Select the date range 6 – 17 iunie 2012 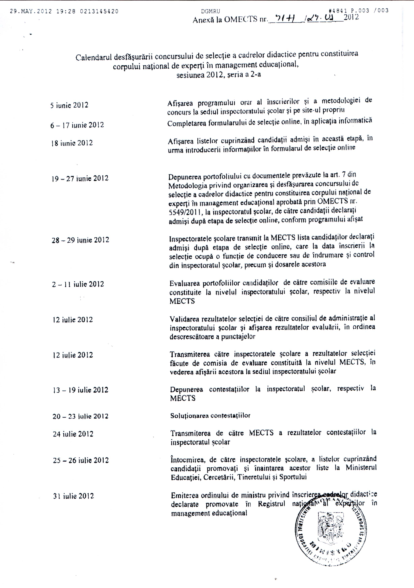coord(77,125)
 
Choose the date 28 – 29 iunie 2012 coord(80,240)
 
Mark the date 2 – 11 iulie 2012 coord(78,284)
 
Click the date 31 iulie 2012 coord(73,496)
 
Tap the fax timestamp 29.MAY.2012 coord(31,11)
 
